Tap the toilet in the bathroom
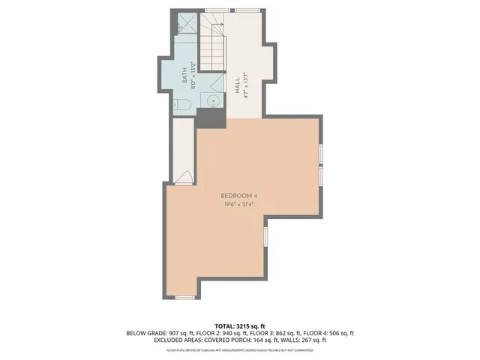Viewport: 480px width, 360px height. pyautogui.click(x=180, y=105)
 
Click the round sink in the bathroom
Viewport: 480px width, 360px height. pyautogui.click(x=213, y=100)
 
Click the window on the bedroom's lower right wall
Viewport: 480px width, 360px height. pyautogui.click(x=265, y=238)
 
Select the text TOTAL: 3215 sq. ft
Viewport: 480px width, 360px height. pyautogui.click(x=240, y=326)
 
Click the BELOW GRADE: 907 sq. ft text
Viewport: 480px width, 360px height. pyautogui.click(x=155, y=333)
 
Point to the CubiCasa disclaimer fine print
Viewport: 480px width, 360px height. pyautogui.click(x=240, y=349)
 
